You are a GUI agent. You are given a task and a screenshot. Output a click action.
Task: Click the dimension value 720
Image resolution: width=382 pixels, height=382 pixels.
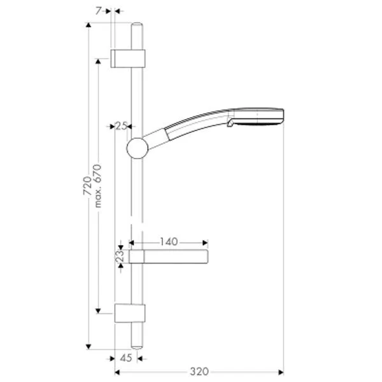coord(87,186)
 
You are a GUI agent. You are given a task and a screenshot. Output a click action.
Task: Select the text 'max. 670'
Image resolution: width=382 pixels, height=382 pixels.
coord(97,186)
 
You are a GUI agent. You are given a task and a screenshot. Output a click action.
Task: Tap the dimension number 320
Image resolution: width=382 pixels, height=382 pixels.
coord(199,372)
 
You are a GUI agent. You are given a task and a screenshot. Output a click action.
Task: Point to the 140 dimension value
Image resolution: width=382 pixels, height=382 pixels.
coord(169,242)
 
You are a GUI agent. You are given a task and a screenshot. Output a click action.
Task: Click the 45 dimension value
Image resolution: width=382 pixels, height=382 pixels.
coord(126,358)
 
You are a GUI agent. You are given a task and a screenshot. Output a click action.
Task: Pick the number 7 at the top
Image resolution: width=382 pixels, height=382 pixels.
coord(98,11)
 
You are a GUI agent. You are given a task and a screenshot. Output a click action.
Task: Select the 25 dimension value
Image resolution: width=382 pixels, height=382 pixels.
coord(122,126)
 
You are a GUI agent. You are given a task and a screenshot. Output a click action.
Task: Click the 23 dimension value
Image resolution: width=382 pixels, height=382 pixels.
coord(120,257)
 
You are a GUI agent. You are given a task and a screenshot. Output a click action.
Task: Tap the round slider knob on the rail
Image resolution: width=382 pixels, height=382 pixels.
coord(138,148)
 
